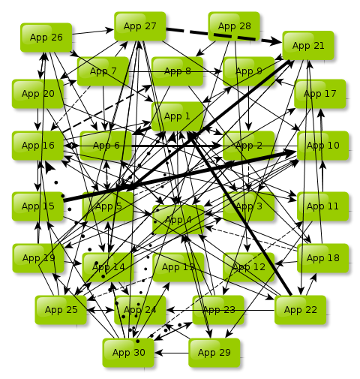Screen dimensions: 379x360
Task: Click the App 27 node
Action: [140, 26]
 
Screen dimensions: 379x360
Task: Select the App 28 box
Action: [234, 26]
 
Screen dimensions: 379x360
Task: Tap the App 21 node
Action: [308, 46]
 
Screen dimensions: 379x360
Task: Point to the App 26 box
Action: [46, 38]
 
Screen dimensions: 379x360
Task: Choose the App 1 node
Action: [177, 116]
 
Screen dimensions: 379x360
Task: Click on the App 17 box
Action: [320, 94]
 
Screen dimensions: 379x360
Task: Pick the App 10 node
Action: [323, 146]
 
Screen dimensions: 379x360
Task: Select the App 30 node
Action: [128, 352]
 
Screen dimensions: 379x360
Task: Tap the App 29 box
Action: [214, 352]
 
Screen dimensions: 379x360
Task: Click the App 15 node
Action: [37, 206]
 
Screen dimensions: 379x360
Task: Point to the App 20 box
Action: [37, 94]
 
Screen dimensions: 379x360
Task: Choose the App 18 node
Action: [322, 258]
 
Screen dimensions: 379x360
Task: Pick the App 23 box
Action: [218, 310]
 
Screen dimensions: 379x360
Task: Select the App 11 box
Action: [322, 206]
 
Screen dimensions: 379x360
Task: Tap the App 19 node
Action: [38, 258]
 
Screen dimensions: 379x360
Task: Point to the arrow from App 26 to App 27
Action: [93, 32]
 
